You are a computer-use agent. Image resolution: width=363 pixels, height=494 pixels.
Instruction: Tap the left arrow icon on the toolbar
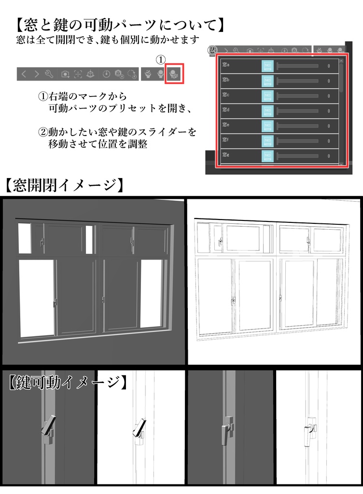(x=25, y=74)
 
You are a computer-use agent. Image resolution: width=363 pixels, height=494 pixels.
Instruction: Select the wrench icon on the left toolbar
(x=48, y=74)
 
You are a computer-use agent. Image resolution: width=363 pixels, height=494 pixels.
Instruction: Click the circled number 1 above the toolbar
(x=161, y=59)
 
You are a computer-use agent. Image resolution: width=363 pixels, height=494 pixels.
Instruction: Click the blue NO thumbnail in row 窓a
(x=268, y=66)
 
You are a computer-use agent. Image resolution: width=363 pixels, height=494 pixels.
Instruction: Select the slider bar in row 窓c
(x=297, y=96)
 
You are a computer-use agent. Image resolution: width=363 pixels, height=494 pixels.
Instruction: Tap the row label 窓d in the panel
(x=225, y=110)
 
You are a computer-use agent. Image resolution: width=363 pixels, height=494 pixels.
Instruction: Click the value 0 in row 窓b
(x=329, y=81)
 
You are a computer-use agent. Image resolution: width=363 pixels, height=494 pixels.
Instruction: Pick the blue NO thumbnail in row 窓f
(x=268, y=141)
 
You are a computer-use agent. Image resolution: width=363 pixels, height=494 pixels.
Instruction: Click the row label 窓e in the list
(x=225, y=125)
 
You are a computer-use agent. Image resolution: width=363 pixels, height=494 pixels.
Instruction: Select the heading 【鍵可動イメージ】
(x=68, y=382)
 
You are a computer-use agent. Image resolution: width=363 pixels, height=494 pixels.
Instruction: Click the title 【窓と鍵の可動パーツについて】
(x=119, y=24)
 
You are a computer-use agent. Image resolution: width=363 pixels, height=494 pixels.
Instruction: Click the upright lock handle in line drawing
(x=309, y=428)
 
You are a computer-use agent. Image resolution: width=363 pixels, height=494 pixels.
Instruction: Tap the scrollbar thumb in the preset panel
(x=341, y=75)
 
